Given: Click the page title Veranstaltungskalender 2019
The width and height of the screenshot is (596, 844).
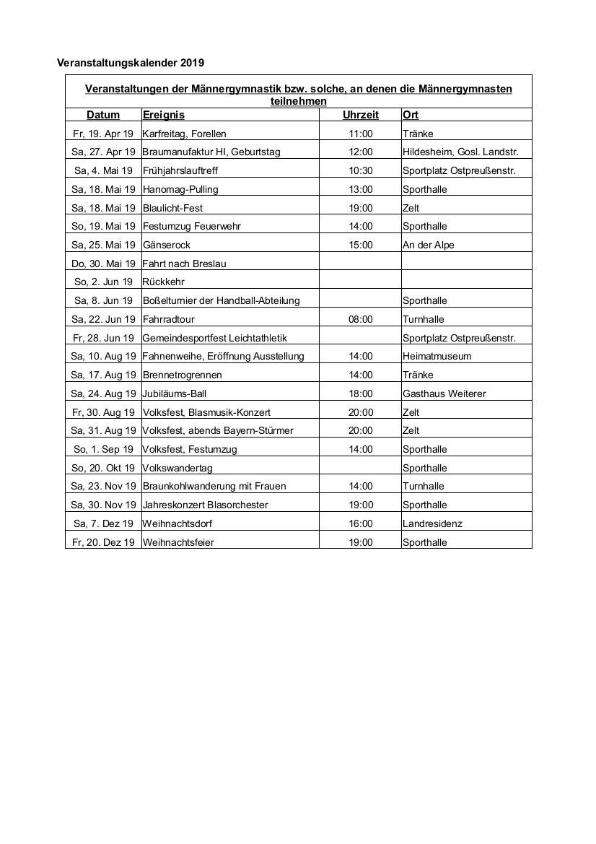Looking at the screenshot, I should (131, 63).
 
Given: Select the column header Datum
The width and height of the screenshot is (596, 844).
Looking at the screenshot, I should (103, 115).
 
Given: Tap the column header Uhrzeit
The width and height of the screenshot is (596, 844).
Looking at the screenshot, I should (361, 115).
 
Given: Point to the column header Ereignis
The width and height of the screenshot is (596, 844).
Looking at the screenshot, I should (164, 115).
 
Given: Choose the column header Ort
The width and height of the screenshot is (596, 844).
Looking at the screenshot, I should (411, 115).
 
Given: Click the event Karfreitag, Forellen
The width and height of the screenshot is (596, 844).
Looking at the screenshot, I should (185, 134).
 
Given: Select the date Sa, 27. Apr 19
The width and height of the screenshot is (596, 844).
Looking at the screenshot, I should (103, 152).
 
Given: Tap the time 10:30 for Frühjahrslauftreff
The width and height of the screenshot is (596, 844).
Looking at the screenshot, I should (361, 170).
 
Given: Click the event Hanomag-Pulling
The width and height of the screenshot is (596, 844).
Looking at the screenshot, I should (180, 189).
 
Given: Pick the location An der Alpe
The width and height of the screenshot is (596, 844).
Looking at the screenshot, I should (429, 245).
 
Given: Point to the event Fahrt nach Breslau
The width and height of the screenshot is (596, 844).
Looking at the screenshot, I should (185, 264).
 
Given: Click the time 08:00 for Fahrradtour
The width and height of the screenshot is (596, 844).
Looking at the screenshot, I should (361, 319).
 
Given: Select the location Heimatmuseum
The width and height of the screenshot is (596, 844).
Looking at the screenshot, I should (437, 356).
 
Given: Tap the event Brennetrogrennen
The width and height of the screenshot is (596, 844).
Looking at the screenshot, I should (183, 375).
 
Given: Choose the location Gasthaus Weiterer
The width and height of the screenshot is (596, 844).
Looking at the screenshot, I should (444, 393).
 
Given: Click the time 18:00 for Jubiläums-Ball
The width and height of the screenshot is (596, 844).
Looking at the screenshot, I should (361, 393).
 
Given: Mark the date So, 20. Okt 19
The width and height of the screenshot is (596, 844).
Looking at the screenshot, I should (103, 468).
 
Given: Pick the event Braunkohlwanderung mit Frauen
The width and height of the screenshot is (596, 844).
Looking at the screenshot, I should (214, 486).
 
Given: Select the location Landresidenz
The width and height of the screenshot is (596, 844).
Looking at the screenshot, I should (432, 523).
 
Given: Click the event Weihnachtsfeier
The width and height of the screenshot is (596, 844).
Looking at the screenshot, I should (178, 542).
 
